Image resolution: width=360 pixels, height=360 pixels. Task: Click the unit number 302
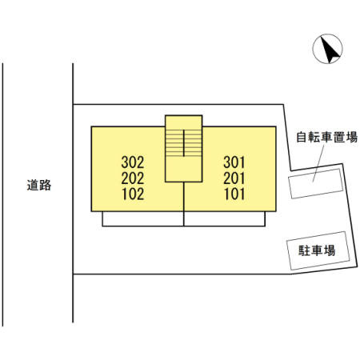[x=133, y=162]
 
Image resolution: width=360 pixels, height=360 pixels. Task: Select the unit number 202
[x=133, y=178]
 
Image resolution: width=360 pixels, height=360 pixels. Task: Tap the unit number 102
[x=133, y=194]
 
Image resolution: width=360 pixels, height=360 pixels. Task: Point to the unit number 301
[x=234, y=162]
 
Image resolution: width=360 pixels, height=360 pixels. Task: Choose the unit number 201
[x=234, y=178]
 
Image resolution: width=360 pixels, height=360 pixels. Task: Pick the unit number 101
[x=234, y=194]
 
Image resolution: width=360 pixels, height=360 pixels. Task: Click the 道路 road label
[x=39, y=185]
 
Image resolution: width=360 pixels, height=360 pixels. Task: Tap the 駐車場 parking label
[x=317, y=250]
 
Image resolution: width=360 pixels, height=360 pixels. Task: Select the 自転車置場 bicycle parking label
[x=326, y=137]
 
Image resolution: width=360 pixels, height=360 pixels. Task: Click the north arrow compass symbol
[x=327, y=49]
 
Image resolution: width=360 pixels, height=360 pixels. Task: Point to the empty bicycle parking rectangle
[x=315, y=184]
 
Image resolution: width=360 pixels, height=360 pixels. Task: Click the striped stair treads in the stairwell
[x=184, y=143]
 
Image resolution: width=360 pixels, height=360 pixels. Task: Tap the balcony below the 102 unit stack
[x=143, y=219]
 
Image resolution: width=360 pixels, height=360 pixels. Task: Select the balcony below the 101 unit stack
[x=225, y=219]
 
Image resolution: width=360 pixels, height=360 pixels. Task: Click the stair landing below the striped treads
[x=184, y=169]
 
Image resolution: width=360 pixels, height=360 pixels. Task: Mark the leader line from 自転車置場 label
[x=318, y=163]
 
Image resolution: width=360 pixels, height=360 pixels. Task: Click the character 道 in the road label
[x=33, y=185]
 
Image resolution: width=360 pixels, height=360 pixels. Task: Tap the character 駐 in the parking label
[x=304, y=250]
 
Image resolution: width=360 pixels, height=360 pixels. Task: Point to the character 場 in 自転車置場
[x=351, y=137]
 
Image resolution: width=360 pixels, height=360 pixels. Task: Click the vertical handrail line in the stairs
[x=184, y=143]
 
